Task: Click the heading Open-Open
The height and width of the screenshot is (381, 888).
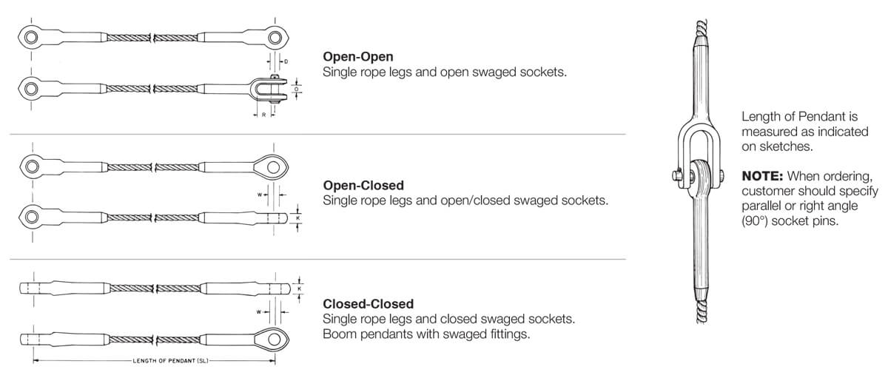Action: [357, 57]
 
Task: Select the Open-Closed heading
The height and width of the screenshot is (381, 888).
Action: [363, 185]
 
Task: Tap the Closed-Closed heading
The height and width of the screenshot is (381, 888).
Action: [369, 303]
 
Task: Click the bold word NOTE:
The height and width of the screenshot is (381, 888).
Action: [762, 175]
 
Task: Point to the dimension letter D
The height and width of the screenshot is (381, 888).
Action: [286, 62]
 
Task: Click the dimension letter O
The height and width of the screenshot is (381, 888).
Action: [296, 90]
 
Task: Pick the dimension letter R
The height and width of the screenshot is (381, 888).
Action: [263, 115]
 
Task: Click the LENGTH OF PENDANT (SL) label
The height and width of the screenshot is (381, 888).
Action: [170, 361]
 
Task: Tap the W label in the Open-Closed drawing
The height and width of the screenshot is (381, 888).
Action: [260, 195]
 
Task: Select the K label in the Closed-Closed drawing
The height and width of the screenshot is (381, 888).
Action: [299, 289]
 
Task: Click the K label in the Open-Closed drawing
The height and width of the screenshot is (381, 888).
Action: [298, 218]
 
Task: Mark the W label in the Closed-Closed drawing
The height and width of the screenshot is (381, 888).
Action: [259, 312]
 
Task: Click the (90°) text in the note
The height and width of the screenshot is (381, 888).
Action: [755, 220]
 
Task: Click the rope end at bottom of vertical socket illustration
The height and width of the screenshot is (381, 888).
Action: [702, 312]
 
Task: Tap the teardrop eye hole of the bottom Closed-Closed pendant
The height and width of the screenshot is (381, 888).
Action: [274, 339]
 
